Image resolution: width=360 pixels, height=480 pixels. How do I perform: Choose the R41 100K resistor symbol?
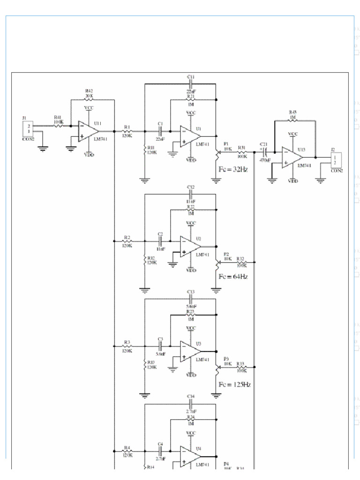pos(58,126)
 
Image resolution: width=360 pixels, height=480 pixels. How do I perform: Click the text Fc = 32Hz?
pos(233,169)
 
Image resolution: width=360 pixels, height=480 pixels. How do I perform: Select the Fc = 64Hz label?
pos(233,277)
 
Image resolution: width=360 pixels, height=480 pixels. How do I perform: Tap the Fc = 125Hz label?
pos(234,384)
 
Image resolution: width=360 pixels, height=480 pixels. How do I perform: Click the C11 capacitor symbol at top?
pos(191,84)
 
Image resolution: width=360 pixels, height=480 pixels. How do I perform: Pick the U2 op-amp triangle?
pos(190,247)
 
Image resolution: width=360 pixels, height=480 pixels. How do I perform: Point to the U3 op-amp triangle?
pos(190,351)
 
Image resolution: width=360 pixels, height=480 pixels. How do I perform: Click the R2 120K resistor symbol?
pos(127,241)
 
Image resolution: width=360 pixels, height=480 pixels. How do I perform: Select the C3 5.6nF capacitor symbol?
pos(160,346)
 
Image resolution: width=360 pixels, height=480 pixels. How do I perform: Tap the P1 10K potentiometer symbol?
pos(217,152)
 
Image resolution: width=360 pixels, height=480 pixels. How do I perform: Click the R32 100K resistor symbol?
pos(241,262)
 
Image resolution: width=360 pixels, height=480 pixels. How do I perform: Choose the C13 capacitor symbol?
pos(191,299)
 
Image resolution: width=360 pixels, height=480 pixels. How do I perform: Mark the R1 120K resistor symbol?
pos(127,131)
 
